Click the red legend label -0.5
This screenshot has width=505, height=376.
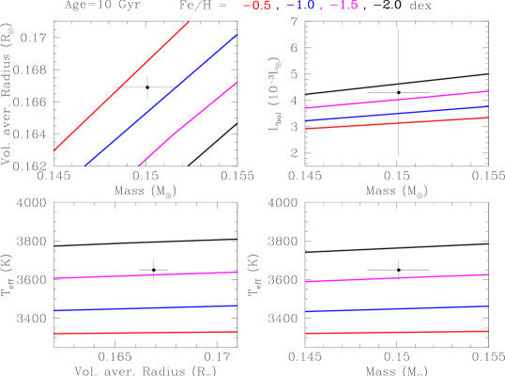coord(258,6)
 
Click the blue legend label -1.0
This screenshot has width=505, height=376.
coord(300,6)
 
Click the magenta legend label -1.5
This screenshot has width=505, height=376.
coord(344,6)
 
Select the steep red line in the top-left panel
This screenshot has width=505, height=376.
coord(122,86)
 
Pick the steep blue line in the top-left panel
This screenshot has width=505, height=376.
coord(161,100)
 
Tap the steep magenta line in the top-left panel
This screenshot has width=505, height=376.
coord(188,123)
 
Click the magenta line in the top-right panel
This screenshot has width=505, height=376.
coord(396,100)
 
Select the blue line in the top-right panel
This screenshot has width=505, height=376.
coord(396,114)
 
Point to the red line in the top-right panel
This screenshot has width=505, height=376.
coord(396,123)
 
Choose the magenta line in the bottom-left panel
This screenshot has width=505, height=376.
coord(145,274)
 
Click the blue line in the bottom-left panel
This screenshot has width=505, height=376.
coord(145,307)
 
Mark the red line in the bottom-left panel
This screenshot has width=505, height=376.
coord(145,332)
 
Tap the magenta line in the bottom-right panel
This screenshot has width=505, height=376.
coord(396,278)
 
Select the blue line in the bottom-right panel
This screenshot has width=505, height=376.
coord(396,308)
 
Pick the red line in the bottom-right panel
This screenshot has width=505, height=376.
coord(396,332)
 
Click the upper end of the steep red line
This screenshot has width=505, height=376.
coord(188,23)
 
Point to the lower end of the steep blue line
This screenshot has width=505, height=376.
coord(85,164)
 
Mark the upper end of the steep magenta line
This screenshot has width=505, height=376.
coord(236,83)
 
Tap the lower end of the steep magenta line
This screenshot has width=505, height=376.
coord(140,164)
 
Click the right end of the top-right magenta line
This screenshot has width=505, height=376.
coord(487,91)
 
